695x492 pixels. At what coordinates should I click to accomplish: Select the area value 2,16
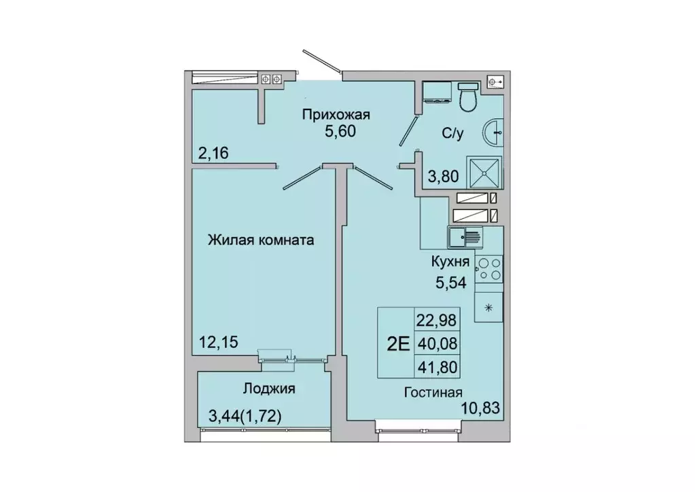[x=212, y=153]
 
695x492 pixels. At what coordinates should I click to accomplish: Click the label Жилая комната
[x=261, y=240]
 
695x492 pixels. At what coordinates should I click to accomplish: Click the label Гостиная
[x=433, y=392]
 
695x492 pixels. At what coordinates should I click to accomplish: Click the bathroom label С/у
[x=453, y=134]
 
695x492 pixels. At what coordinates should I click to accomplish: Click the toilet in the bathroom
[x=468, y=98]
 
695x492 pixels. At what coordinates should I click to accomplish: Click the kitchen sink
[x=465, y=238]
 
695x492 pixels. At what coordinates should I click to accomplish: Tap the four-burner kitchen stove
[x=488, y=269]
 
